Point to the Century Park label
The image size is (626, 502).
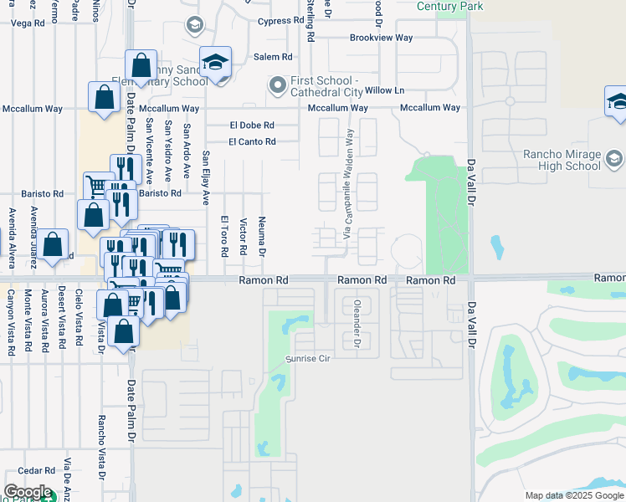pos(450,6)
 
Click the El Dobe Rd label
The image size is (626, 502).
pos(252,125)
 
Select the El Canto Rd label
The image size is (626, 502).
pos(252,142)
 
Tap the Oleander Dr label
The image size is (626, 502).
pos(357,325)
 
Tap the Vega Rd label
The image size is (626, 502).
pos(27,23)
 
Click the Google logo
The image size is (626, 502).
pos(28,492)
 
